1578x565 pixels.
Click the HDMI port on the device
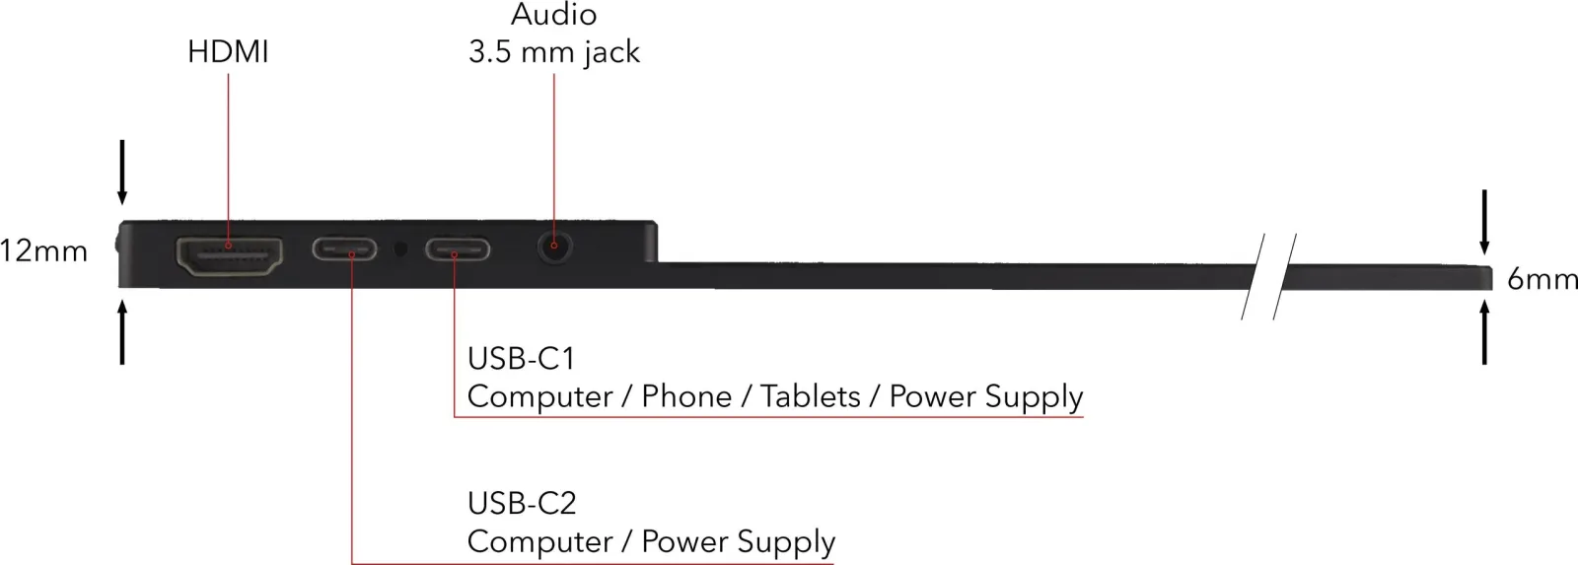tap(229, 256)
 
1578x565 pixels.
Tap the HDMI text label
tap(228, 52)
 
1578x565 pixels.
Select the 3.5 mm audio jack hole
tap(554, 247)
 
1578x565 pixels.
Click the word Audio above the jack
tap(553, 15)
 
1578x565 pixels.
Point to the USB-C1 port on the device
tap(457, 250)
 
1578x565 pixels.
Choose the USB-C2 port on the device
tap(344, 249)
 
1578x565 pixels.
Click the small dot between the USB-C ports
tap(400, 248)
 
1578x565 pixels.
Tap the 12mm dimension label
tap(43, 251)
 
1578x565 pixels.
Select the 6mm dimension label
tap(1542, 280)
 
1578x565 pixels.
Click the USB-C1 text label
tap(522, 359)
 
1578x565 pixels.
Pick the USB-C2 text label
tap(522, 503)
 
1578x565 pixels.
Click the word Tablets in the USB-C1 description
tap(810, 396)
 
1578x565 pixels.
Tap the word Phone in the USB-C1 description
tap(686, 396)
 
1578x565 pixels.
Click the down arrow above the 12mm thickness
tap(122, 173)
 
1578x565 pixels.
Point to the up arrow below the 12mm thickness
tap(122, 332)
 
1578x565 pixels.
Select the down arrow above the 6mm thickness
tap(1484, 222)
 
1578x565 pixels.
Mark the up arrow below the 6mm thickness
tap(1484, 332)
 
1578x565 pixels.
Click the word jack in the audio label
tap(611, 53)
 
